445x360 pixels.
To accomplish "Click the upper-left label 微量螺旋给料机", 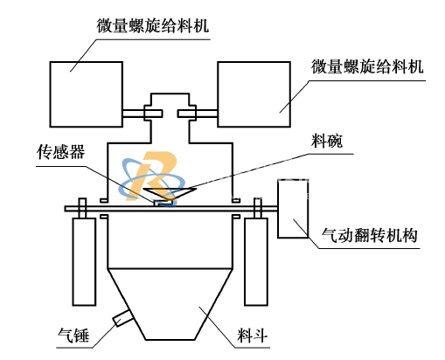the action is (153, 26).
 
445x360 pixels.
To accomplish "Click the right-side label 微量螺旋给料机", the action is (367, 66).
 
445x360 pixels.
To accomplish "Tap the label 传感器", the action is (60, 152).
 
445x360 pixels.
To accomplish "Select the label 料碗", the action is (327, 141).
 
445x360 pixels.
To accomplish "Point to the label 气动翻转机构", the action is (369, 235).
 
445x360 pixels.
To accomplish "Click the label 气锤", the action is (73, 336).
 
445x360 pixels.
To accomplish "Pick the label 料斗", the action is (253, 336).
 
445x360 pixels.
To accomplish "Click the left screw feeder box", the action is (87, 94).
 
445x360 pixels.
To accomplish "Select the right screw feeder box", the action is (254, 94).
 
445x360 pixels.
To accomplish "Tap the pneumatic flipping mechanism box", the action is (293, 209).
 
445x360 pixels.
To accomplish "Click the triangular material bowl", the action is (170, 193).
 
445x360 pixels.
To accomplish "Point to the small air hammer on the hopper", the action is (123, 318).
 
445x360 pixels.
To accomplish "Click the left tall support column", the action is (84, 261).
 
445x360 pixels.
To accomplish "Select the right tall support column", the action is (256, 261).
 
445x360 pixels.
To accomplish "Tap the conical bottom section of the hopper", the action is (170, 304).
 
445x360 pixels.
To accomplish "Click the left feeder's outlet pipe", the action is (143, 114).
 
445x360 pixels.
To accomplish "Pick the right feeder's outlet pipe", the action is (198, 114).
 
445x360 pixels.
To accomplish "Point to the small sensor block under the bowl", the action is (163, 203).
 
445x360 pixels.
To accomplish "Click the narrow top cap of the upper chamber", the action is (170, 100).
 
